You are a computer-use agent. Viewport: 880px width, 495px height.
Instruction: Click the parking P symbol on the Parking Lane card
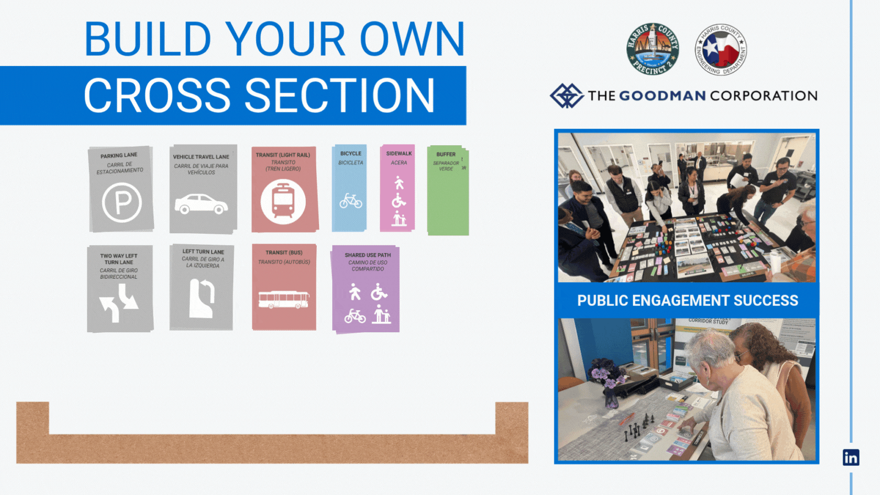pos(122,202)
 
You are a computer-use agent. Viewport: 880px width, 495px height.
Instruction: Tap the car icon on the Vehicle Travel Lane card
pos(201,204)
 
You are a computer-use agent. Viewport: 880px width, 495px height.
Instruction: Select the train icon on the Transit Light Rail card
pos(283,202)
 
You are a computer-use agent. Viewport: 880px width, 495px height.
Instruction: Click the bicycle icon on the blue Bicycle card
pos(350,201)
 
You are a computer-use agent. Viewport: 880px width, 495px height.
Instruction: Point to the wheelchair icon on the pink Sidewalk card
pos(399,201)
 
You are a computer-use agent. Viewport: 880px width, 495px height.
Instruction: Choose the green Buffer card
pos(448,198)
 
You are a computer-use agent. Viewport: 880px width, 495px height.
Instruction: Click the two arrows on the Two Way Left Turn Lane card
pos(119,303)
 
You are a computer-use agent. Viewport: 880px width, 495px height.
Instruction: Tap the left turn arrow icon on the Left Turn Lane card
pos(202,298)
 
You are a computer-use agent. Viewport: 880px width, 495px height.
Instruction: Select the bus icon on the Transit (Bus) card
pos(284,299)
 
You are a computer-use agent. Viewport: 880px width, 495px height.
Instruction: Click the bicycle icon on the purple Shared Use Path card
pos(355,316)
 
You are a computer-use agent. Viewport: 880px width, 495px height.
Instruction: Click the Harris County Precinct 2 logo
pos(653,49)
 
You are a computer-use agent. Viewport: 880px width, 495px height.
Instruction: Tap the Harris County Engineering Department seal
pos(721,50)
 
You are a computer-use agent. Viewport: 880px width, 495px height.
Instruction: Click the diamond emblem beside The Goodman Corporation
pos(566,96)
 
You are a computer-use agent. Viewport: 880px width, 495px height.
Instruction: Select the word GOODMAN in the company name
pos(662,96)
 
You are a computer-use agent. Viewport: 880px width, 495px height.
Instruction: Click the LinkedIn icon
pos(851,457)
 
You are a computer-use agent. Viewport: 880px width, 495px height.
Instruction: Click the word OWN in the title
pos(413,40)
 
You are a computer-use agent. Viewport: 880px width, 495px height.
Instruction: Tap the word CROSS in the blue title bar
pos(157,96)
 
